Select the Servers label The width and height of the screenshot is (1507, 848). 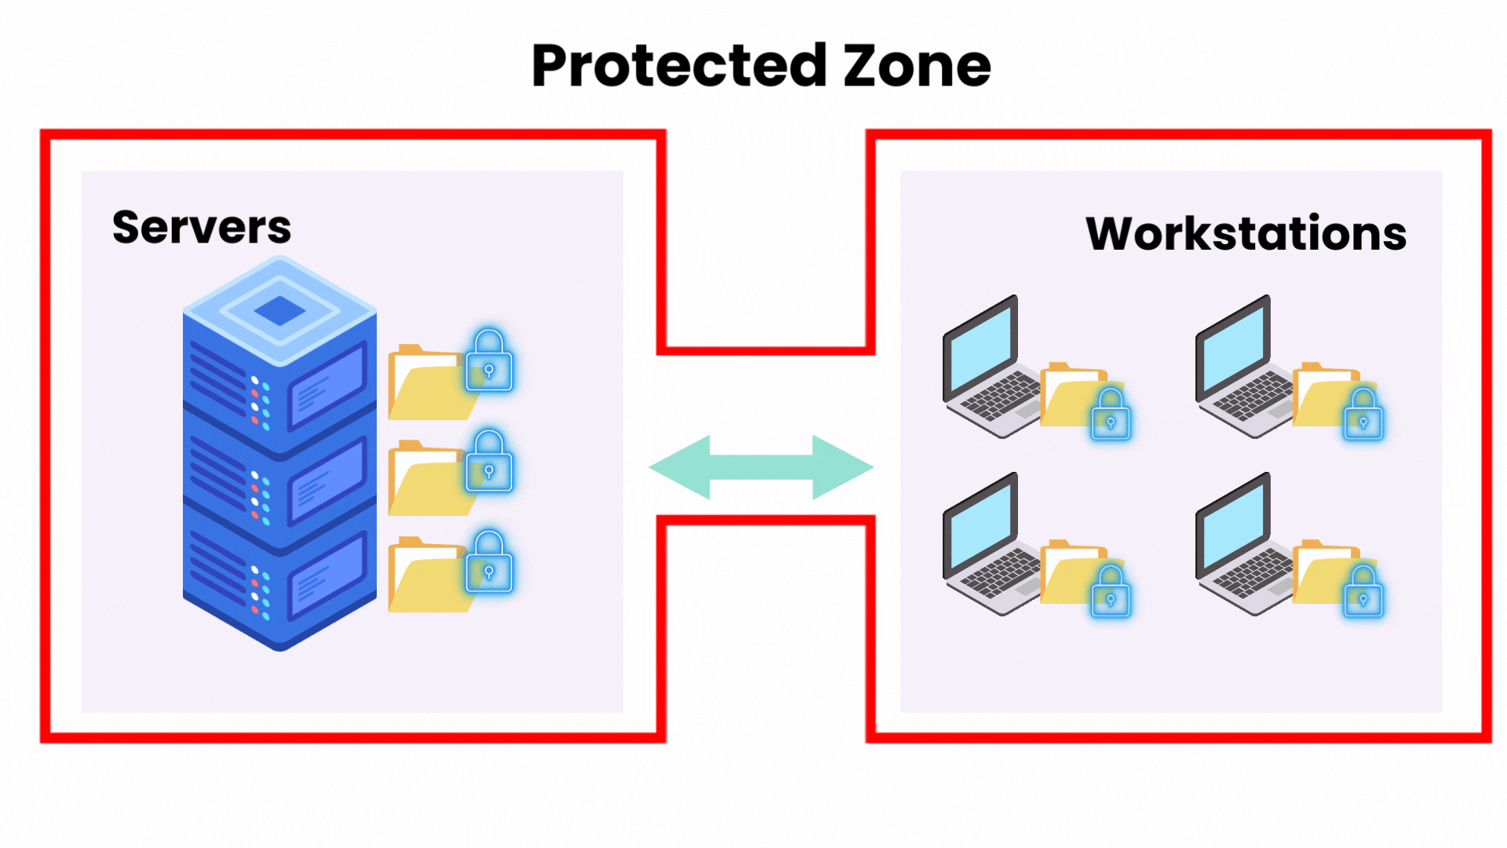202,228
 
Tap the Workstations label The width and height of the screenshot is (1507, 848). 1246,234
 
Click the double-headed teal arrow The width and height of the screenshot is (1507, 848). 761,467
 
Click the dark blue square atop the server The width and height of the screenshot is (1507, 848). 279,311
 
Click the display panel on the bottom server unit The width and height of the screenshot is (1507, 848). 328,579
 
